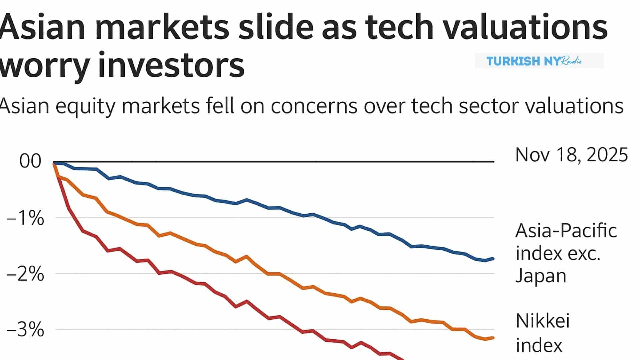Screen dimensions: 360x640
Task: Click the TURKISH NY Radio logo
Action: click(x=539, y=61)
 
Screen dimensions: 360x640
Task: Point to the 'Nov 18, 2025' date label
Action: click(x=571, y=155)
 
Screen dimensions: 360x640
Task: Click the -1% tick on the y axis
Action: click(x=25, y=219)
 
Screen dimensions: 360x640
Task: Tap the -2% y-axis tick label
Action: click(x=25, y=275)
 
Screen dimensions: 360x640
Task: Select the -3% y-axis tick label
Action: click(x=25, y=330)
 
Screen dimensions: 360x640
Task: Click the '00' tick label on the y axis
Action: click(x=30, y=161)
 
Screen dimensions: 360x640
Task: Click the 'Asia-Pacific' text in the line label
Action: click(x=566, y=231)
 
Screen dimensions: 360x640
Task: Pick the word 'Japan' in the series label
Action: click(x=541, y=276)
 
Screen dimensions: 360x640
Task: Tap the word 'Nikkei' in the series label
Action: click(x=542, y=321)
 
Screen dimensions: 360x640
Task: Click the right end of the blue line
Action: click(x=493, y=259)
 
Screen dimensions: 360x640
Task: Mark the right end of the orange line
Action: click(x=493, y=338)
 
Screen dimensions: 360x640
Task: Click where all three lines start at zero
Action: click(x=54, y=162)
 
